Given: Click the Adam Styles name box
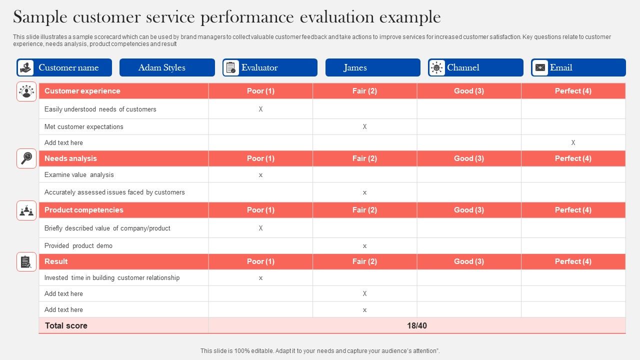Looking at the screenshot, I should click(x=167, y=67).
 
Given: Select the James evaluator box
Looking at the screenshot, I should click(x=372, y=67).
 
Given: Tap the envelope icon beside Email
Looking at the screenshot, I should click(x=540, y=67).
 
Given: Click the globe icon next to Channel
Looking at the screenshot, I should click(x=436, y=67).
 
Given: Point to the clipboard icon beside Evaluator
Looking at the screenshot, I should click(x=231, y=67).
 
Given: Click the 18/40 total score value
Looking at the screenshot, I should click(x=416, y=325).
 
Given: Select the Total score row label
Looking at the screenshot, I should click(x=66, y=325).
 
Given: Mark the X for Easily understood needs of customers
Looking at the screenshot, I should click(x=260, y=109).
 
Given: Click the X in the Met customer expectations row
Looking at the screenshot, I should click(x=364, y=126).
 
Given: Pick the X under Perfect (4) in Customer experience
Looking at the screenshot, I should click(x=573, y=142).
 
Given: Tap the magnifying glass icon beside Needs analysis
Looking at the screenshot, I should click(x=26, y=158).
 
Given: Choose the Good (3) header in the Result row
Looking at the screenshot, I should click(x=468, y=261).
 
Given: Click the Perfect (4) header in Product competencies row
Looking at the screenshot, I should click(x=573, y=210).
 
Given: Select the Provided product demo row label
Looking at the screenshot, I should click(x=78, y=245).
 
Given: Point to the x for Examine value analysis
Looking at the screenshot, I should click(x=260, y=175).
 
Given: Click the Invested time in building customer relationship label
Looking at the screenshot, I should click(x=112, y=277).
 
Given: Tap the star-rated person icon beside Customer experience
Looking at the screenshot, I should click(x=26, y=91).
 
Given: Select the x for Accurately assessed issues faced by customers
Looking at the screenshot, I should click(x=364, y=192).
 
